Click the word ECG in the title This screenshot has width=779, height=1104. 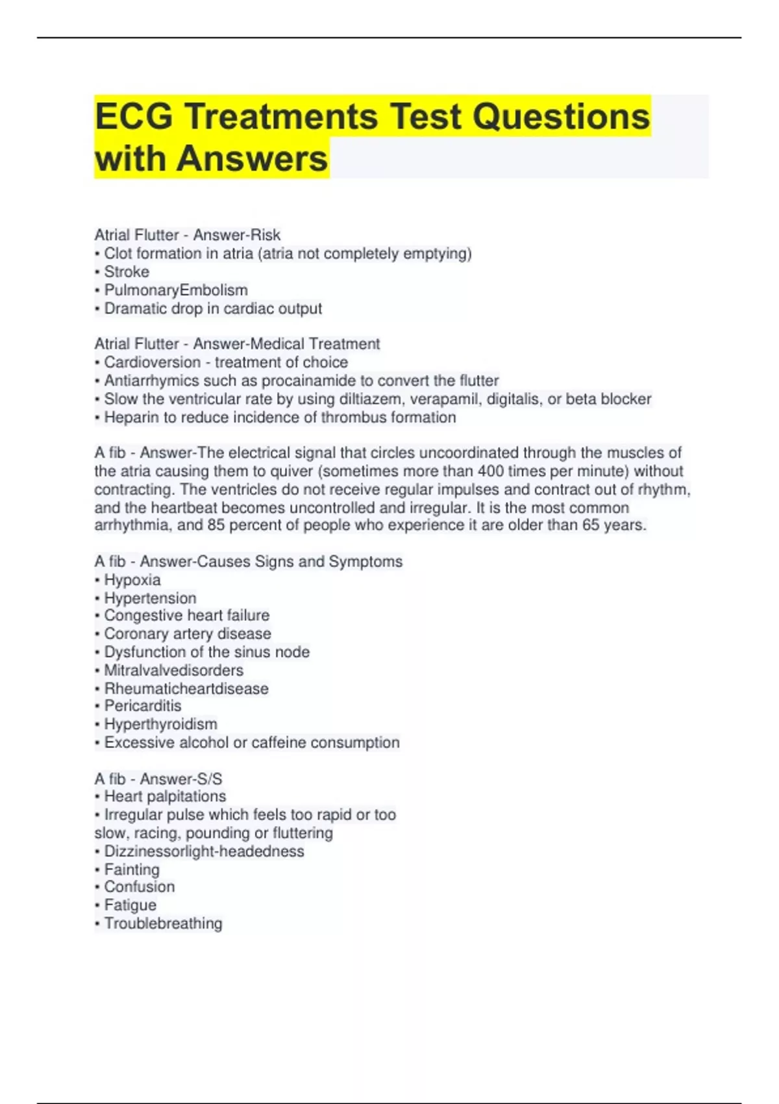(x=134, y=117)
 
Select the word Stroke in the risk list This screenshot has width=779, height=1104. (x=127, y=271)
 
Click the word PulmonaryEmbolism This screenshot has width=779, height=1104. (x=176, y=290)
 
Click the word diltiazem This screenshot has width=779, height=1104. (x=370, y=399)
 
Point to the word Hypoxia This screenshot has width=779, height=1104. (x=132, y=580)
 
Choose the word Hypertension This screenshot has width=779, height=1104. (x=150, y=598)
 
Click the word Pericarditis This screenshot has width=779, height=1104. (x=143, y=706)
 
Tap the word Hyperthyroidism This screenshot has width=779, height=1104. (x=160, y=724)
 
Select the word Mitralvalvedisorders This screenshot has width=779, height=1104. (x=174, y=670)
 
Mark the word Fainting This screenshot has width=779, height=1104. (x=132, y=870)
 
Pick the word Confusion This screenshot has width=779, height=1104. (x=139, y=887)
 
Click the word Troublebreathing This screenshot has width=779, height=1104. (x=163, y=923)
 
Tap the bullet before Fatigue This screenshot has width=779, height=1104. (x=97, y=905)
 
